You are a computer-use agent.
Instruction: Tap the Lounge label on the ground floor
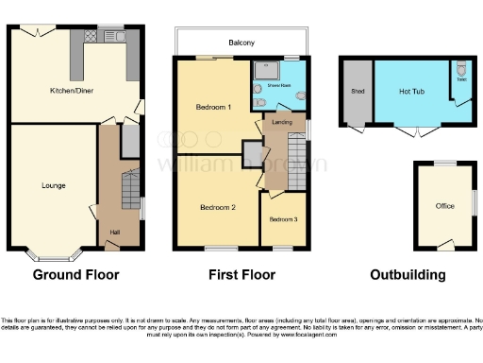(x=53, y=185)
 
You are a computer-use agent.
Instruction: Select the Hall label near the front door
(x=114, y=232)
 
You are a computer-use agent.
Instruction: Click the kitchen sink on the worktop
(x=122, y=38)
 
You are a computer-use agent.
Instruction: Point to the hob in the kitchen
(x=92, y=38)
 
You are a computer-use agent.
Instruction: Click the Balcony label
(x=241, y=43)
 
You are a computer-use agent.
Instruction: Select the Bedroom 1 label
(x=213, y=108)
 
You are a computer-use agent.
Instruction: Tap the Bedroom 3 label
(x=283, y=219)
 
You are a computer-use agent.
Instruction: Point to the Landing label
(x=281, y=122)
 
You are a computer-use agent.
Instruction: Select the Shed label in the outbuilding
(x=357, y=92)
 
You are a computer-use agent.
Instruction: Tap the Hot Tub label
(x=410, y=92)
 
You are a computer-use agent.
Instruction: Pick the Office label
(x=444, y=206)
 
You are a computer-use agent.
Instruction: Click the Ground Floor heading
(x=76, y=276)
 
